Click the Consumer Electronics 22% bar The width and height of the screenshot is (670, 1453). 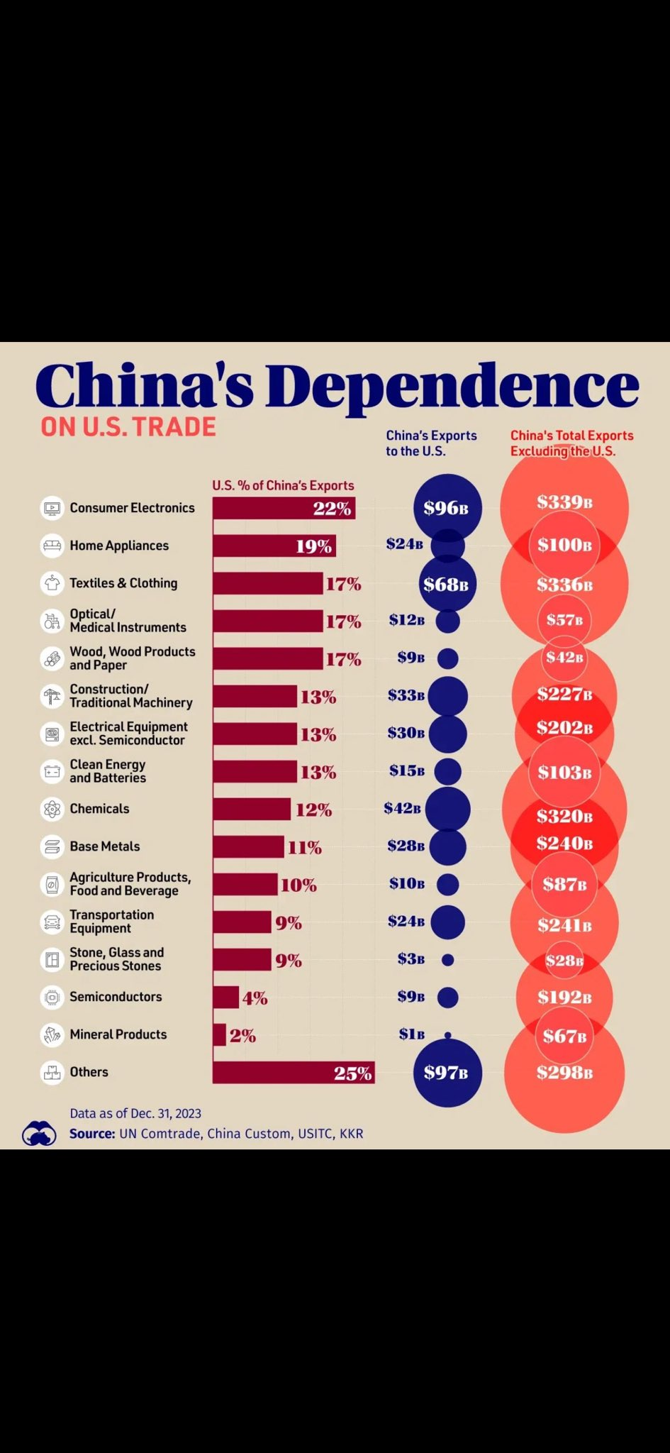284,508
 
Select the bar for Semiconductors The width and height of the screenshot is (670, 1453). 225,997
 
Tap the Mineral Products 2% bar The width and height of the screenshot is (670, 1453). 219,1034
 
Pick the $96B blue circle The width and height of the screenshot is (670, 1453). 447,508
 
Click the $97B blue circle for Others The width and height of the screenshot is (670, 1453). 447,1073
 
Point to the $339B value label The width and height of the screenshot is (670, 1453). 564,502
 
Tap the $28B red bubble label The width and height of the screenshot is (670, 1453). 564,961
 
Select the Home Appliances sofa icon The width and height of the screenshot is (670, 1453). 52,546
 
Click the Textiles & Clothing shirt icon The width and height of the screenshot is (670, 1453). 52,583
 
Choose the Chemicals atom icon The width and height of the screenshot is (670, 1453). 52,809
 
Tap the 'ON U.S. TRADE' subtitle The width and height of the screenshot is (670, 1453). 128,427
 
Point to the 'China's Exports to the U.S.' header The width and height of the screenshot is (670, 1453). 431,443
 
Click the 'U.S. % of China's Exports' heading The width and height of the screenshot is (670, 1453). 283,485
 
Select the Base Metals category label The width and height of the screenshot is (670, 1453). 105,846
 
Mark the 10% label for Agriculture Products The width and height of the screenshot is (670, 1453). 298,885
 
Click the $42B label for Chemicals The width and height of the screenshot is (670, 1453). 402,808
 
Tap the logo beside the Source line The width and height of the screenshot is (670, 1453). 39,1133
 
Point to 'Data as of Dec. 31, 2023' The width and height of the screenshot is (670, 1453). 135,1113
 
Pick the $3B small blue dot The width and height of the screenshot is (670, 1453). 447,960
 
